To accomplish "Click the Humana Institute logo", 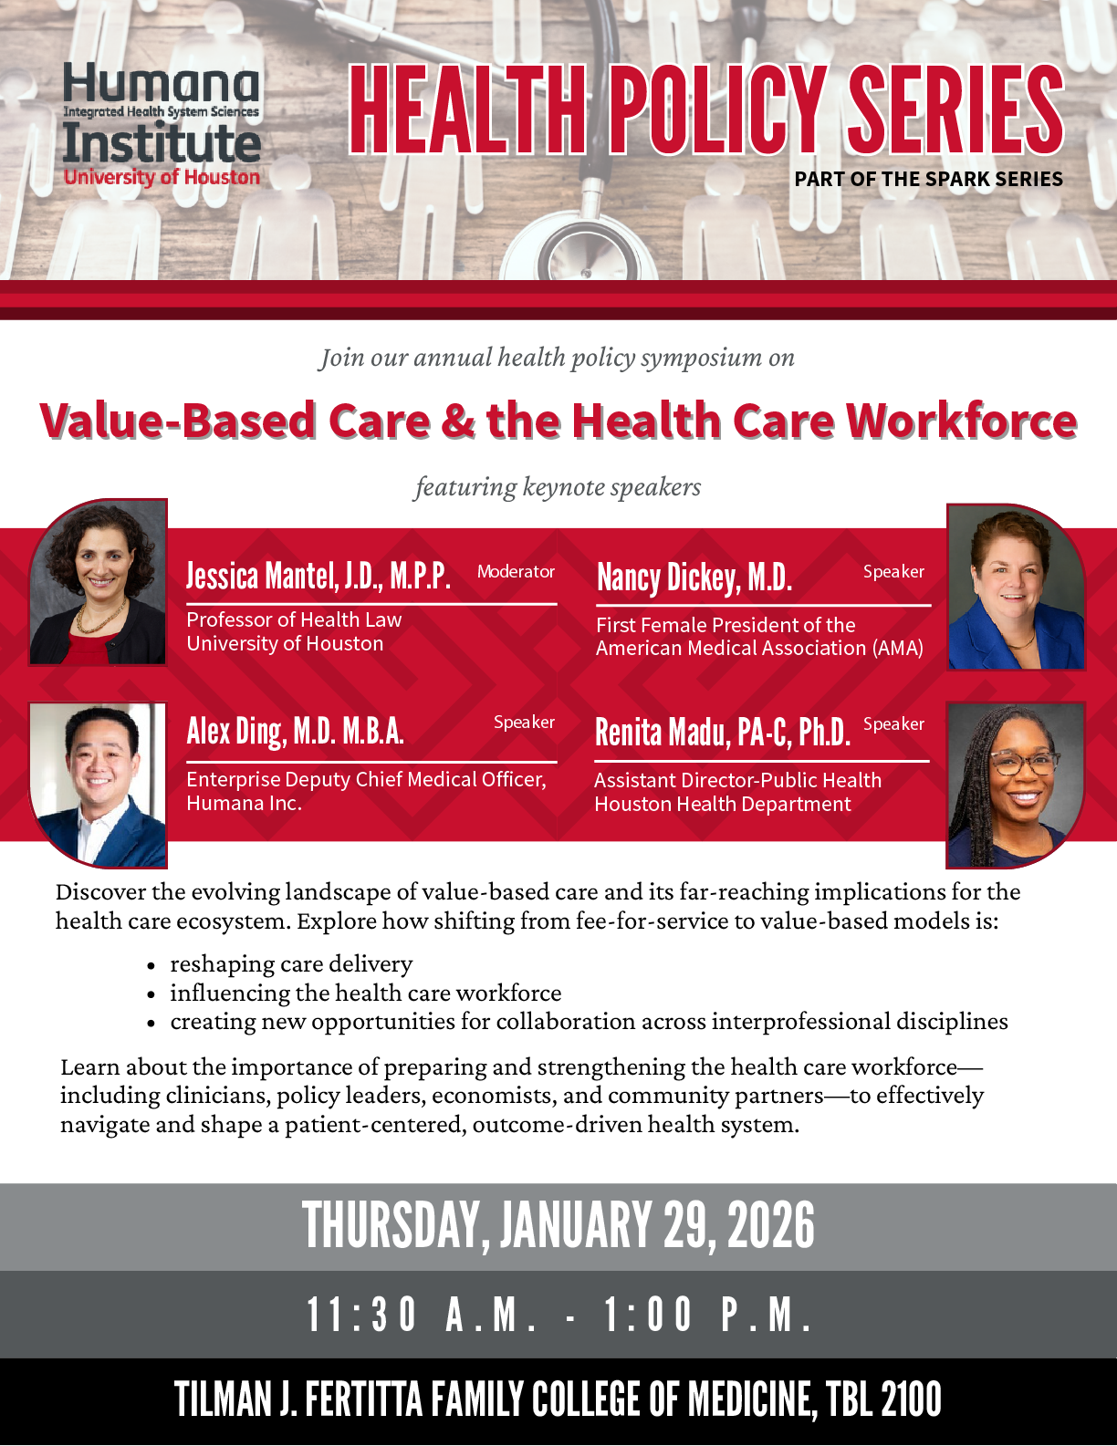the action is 162,125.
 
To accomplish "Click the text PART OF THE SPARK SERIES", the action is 929,179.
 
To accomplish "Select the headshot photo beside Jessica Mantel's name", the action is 98,582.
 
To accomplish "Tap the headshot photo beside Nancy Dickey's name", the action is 1016,587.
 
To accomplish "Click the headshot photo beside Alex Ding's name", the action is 98,785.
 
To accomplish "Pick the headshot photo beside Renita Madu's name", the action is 1016,785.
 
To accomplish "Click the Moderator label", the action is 516,572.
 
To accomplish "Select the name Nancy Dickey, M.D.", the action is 694,577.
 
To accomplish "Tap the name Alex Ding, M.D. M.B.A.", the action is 296,732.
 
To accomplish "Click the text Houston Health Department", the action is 722,804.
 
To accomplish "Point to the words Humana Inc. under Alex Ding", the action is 245,803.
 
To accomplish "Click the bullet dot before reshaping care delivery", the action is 151,965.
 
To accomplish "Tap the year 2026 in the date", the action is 771,1225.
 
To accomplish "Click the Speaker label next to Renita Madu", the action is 893,724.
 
